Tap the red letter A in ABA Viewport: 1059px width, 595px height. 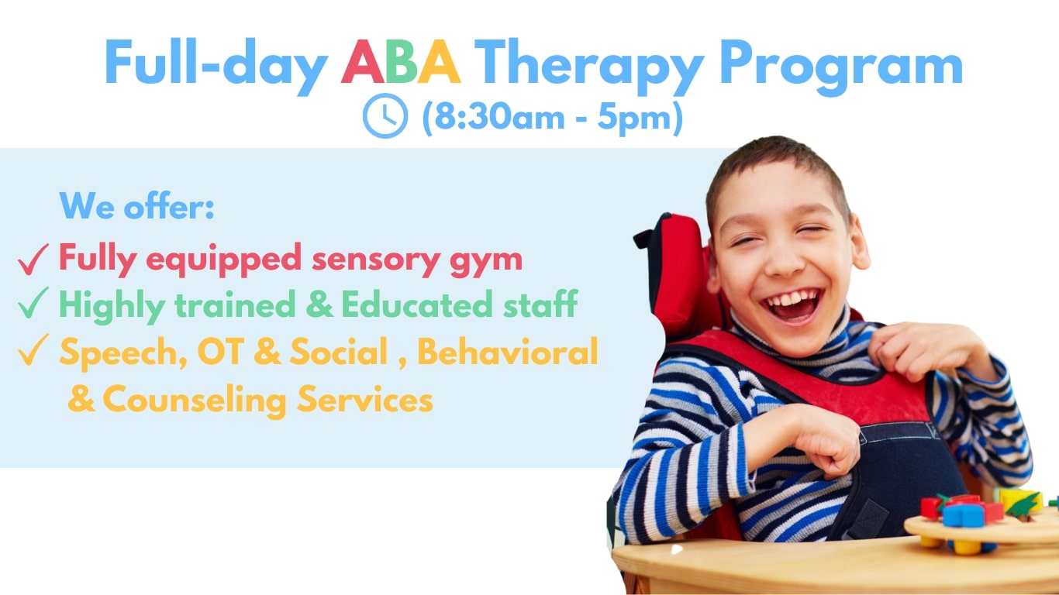363,61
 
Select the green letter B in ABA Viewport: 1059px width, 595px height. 402,61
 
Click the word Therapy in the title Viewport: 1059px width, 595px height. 589,66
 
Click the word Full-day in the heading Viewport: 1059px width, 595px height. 216,66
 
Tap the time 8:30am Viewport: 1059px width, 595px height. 498,116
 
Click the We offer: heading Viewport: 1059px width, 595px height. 136,205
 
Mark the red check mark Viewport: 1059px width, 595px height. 33,259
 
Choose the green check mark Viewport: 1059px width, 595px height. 33,302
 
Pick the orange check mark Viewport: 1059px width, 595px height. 33,349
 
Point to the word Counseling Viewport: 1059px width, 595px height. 195,401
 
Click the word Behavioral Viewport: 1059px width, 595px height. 508,352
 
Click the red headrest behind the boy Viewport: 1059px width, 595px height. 675,274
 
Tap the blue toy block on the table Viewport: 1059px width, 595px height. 963,516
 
